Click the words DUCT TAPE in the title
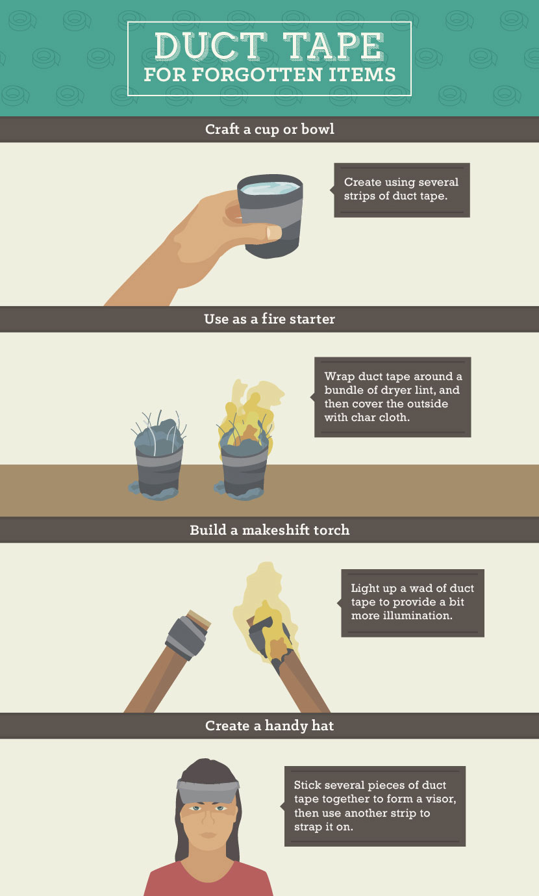click(269, 47)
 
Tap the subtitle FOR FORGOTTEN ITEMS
click(269, 75)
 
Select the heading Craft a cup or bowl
click(269, 129)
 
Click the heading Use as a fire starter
click(269, 319)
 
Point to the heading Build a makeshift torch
click(269, 530)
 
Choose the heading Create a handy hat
click(269, 725)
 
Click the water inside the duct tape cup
click(269, 188)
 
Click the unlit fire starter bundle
click(159, 458)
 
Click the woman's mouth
click(207, 835)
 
